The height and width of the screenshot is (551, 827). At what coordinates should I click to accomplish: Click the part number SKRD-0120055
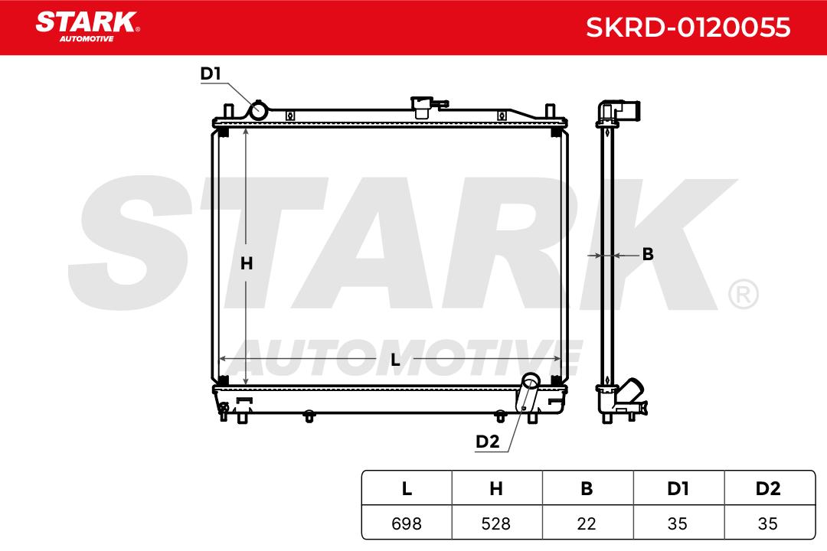point(688,28)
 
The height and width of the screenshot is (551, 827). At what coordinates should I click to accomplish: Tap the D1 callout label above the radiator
point(211,73)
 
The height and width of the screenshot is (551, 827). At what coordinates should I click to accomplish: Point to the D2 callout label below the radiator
point(487,442)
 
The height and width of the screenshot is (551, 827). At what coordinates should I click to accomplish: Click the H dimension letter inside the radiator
point(247,263)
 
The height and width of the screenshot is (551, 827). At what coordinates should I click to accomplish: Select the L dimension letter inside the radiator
point(395,360)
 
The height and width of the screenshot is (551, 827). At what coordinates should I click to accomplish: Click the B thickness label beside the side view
point(649,254)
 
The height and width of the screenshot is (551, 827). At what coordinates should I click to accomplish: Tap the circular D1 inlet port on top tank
point(258,111)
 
